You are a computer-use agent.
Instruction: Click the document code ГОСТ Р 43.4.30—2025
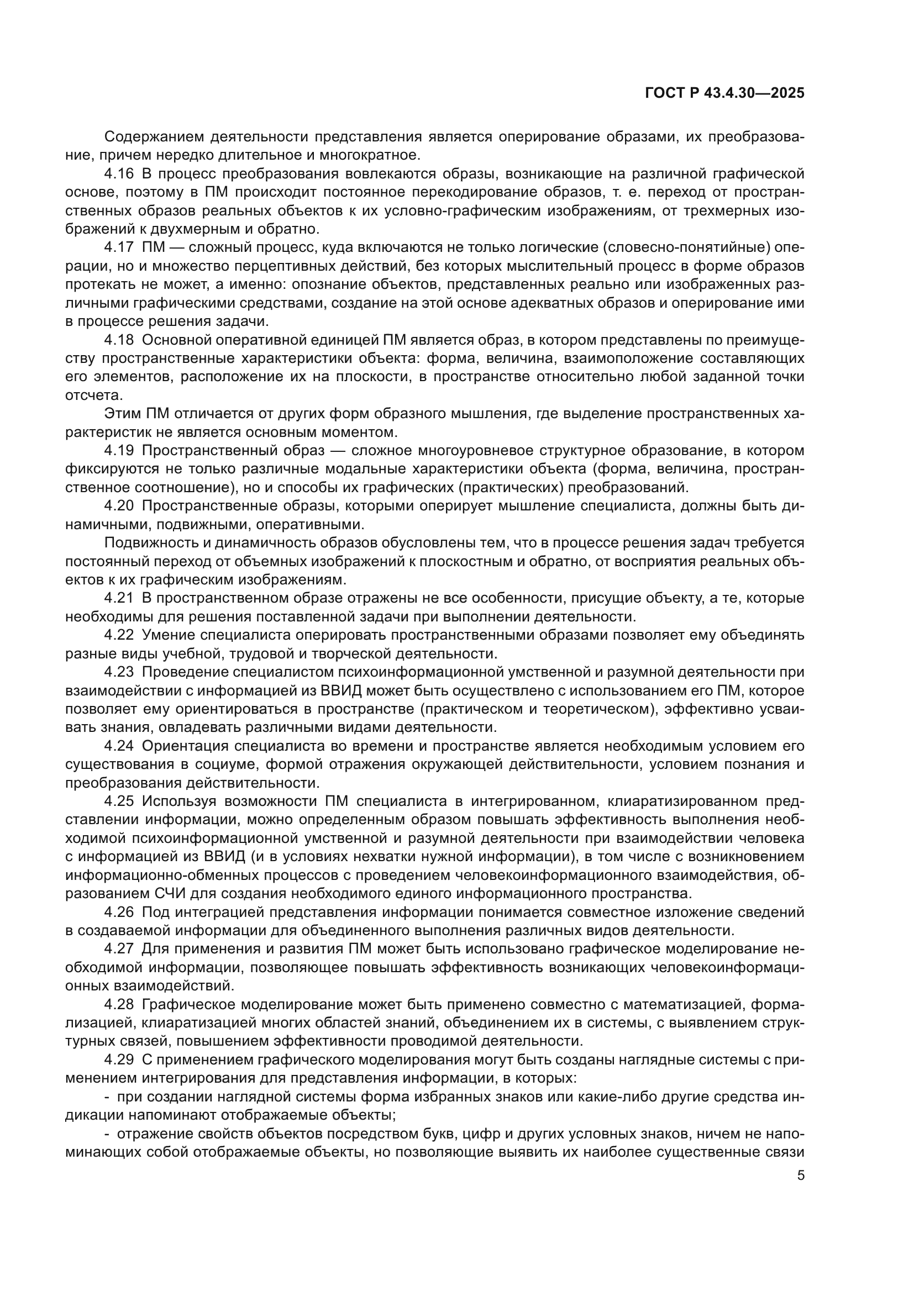(724, 93)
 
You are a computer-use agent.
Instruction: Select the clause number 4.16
(119, 173)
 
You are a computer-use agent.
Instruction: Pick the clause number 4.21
(119, 598)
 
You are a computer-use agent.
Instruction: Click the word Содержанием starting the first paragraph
(153, 137)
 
